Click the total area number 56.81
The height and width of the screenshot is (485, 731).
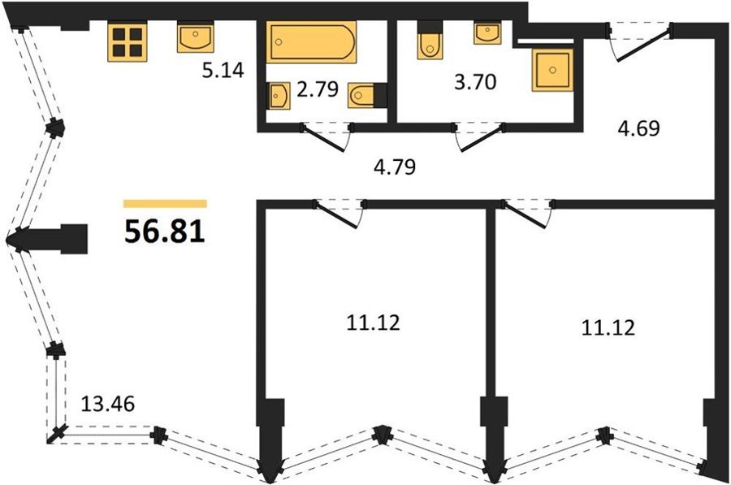165,232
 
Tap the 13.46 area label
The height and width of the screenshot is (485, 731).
108,404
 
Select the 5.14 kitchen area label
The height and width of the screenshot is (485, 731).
223,71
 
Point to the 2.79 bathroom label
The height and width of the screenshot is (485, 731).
318,89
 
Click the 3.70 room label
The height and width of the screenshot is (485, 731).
475,82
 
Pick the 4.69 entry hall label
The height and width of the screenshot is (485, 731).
639,128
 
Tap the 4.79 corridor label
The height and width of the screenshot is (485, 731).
395,167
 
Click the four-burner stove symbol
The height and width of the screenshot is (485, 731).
128,42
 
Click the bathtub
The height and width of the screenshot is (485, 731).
311,42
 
